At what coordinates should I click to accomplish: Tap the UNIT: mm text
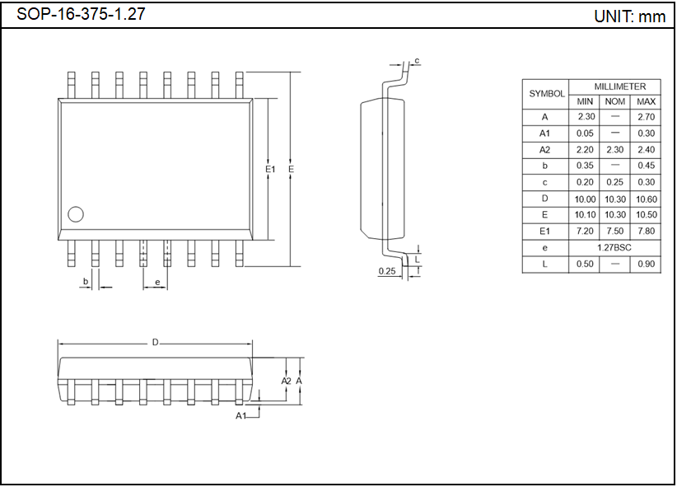click(629, 16)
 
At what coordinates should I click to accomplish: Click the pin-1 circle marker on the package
click(76, 215)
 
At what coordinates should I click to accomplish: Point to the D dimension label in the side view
click(155, 342)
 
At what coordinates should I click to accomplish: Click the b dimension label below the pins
click(85, 282)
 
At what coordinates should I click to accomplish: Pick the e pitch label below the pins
click(156, 282)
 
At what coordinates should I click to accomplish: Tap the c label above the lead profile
click(418, 61)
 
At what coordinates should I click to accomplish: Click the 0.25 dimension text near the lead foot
click(386, 270)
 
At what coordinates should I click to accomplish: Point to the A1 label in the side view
click(241, 416)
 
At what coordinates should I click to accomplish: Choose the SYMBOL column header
click(546, 94)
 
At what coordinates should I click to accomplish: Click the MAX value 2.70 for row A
click(646, 117)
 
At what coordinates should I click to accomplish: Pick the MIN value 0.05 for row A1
click(585, 133)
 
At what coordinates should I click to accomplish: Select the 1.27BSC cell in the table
click(615, 247)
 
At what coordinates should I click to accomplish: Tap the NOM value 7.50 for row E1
click(614, 231)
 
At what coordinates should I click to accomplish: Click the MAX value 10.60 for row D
click(646, 199)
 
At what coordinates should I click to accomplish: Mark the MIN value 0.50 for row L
click(585, 264)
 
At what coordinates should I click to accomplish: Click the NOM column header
click(614, 101)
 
